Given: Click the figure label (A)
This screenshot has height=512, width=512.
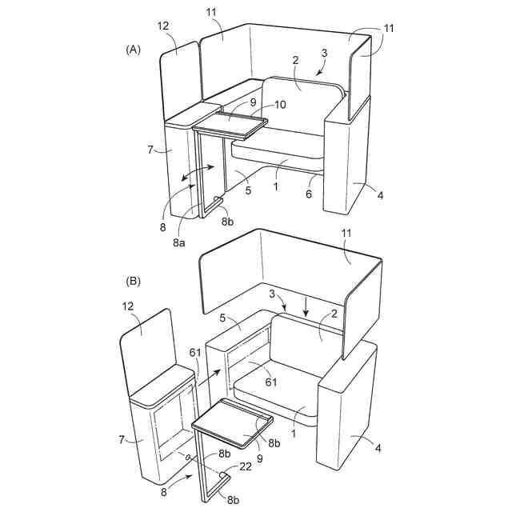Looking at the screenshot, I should (133, 50).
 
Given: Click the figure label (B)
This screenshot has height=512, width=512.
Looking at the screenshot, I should (133, 281).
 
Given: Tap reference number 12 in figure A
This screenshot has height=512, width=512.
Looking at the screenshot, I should (163, 26).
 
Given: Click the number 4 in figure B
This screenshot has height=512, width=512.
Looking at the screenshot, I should (378, 448).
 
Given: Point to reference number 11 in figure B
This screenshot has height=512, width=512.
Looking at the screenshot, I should (349, 257).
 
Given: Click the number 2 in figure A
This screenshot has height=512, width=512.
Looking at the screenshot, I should (295, 60).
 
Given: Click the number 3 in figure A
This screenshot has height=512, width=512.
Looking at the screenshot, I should (324, 53).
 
